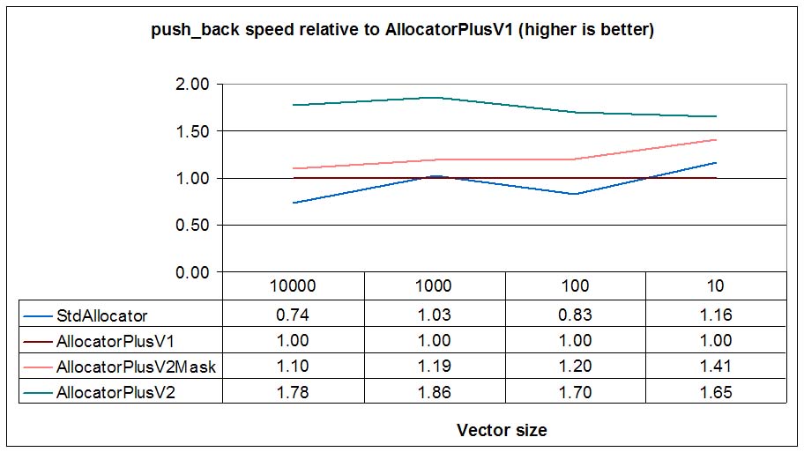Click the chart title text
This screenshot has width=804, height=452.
tap(401, 31)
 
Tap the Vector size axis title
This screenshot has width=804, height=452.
tap(502, 430)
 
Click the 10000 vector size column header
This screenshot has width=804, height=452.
tap(293, 285)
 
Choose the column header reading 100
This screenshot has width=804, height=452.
tap(574, 285)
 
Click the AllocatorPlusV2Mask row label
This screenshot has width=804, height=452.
tap(136, 367)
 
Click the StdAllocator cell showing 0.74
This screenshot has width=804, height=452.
tap(293, 314)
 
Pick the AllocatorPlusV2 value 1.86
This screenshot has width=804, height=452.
tap(434, 393)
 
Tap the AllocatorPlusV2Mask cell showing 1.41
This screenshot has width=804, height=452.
tap(715, 367)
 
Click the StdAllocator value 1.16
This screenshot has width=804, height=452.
tap(715, 314)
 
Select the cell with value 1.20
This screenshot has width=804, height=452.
tap(574, 367)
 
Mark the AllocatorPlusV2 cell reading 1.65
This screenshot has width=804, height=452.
tap(715, 393)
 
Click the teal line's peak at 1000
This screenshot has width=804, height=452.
tap(434, 97)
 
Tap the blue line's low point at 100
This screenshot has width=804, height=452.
tap(574, 194)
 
